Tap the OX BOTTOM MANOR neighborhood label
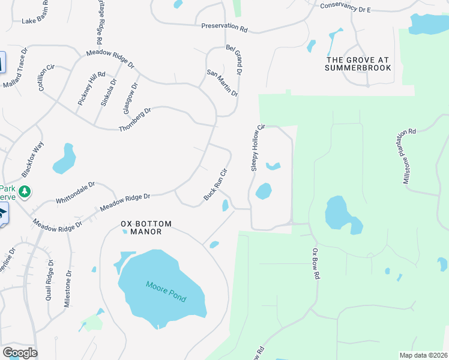coord(146,227)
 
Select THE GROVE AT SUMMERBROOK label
coord(358,64)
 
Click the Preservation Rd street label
coord(224,28)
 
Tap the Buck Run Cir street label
coord(215,185)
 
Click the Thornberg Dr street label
coord(135,120)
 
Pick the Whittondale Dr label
coord(76,193)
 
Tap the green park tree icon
coord(24,192)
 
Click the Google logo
coord(19,353)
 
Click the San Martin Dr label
coord(223,83)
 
